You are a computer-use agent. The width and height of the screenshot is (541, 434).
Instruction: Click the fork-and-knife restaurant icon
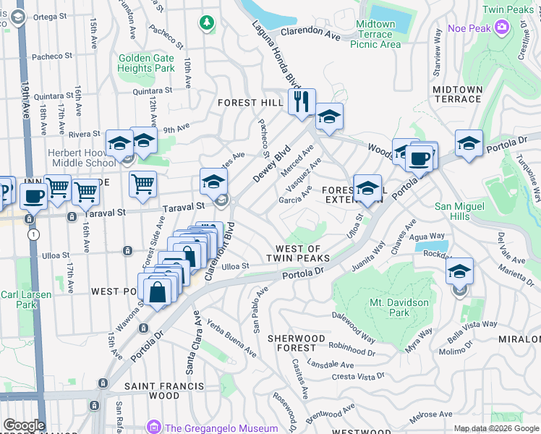[x=302, y=101]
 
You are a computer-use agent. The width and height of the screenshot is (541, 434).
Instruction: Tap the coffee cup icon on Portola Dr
[x=419, y=157]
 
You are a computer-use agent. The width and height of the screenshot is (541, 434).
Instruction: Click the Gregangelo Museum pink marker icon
[x=153, y=427]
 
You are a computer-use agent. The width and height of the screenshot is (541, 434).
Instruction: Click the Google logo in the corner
[x=24, y=425]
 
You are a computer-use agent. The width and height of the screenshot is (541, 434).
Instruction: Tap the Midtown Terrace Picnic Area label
[x=375, y=34]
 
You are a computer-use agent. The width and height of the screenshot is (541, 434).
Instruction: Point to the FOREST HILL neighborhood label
[x=248, y=103]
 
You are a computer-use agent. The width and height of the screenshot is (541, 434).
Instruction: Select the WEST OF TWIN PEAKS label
[x=298, y=253]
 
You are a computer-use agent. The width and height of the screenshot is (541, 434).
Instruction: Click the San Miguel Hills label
[x=462, y=211]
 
